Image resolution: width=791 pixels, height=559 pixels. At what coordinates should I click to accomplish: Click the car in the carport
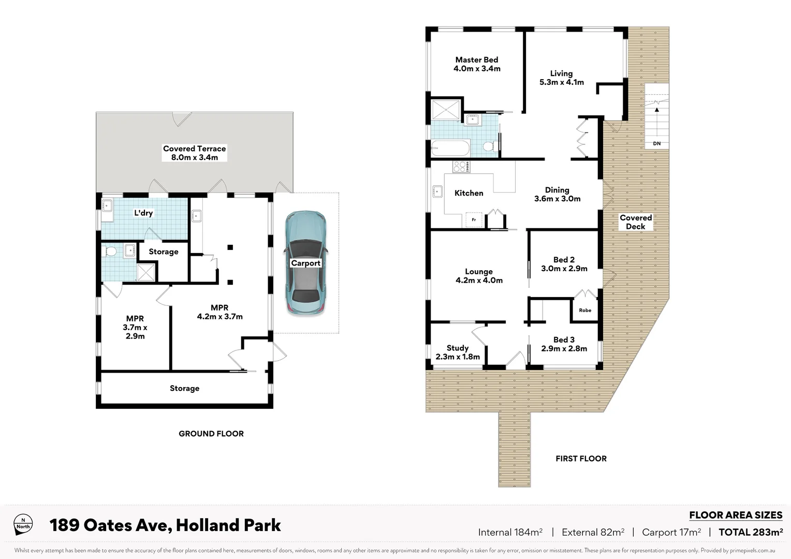coord(305,263)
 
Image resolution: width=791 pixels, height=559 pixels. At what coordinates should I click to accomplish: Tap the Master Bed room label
coord(477,64)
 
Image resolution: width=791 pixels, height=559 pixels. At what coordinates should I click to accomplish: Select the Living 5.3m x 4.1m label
coord(561,78)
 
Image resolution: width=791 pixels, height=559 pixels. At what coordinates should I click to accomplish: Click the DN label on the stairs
coord(656,143)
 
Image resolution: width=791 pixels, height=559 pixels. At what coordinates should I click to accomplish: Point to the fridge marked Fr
coord(474,219)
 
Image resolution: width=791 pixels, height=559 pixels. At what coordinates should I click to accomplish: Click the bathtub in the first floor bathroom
coord(450,149)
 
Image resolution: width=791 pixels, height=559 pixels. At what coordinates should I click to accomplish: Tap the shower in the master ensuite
coord(446,110)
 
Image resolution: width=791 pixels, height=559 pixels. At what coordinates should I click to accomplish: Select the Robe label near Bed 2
coord(585,310)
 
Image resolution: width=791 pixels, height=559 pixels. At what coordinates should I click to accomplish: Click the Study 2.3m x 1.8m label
coord(458,352)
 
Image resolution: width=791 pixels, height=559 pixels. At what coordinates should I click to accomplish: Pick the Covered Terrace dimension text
coord(195,157)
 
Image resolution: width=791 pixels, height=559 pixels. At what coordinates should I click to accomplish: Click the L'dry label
coord(143,213)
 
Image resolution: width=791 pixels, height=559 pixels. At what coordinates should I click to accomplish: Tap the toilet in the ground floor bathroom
coord(110,252)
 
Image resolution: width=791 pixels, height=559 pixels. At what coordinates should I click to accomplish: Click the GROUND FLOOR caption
coord(211,434)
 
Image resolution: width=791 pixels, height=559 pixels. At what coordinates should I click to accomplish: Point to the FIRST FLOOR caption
coord(581,459)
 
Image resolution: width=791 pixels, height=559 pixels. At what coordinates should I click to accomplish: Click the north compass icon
coord(23,523)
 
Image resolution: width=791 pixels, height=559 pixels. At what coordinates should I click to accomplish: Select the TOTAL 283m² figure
coord(750,532)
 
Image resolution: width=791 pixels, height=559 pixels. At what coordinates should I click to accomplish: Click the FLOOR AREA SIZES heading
coord(735,515)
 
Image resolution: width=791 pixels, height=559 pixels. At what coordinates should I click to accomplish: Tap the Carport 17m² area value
coord(671,532)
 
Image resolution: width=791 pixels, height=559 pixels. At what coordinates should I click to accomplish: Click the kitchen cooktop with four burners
coord(461,167)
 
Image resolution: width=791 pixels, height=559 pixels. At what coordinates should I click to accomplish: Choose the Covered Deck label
coord(636,222)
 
